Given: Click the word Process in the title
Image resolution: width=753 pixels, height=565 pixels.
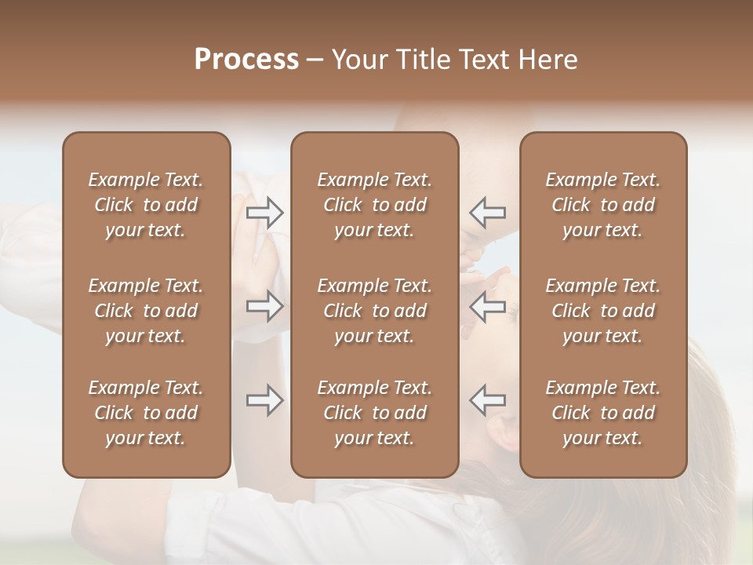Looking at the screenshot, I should [246, 60].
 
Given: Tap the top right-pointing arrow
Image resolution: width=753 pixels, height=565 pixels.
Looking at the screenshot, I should [264, 212].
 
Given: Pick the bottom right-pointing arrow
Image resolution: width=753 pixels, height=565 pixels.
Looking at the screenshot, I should [264, 400].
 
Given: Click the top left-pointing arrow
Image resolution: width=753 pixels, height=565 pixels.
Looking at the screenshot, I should [488, 212].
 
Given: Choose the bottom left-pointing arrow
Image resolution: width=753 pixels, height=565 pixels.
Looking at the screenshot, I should [488, 400].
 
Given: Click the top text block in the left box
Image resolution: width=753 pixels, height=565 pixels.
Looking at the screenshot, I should [146, 205].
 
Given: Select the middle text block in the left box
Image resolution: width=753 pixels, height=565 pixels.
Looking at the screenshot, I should [146, 311].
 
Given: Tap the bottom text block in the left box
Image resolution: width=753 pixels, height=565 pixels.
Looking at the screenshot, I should [146, 413].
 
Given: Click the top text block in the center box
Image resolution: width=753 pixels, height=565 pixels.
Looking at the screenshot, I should [375, 205].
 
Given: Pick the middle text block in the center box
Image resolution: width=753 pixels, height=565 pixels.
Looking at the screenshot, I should [375, 311].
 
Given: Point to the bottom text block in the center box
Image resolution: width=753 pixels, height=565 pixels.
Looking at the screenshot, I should [375, 413].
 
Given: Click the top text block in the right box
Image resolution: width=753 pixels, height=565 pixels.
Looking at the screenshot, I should [603, 205].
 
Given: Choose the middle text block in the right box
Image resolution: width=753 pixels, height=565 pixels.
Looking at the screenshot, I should [603, 311].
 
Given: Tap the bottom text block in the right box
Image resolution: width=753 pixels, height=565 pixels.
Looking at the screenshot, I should [603, 413].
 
